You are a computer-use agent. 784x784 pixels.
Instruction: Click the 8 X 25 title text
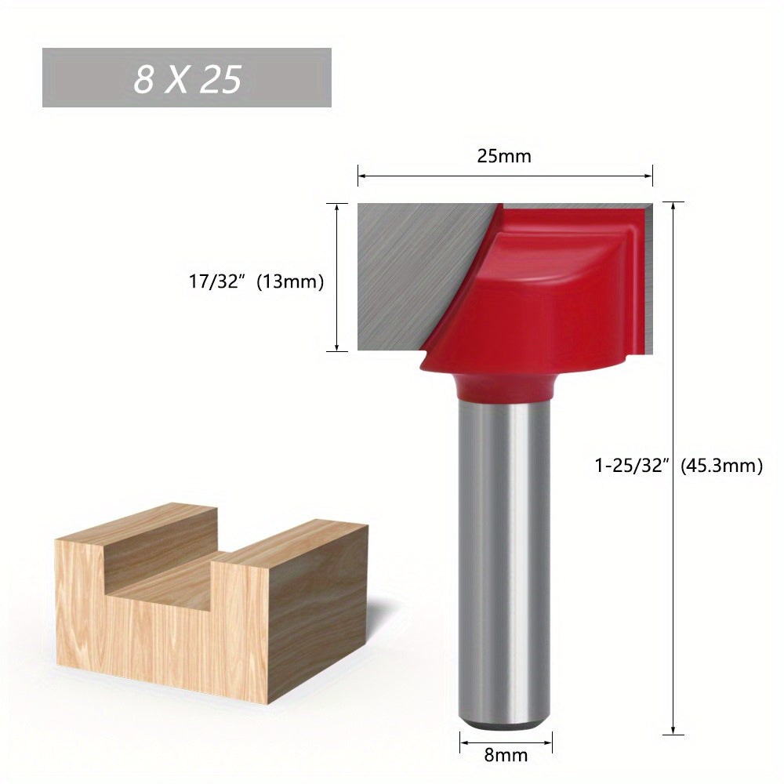187,78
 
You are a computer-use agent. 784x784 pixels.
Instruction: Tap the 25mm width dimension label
504,156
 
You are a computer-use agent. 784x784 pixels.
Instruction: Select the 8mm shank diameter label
506,756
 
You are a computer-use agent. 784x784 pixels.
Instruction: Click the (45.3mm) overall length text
721,466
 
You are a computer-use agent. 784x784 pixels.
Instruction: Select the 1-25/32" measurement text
630,466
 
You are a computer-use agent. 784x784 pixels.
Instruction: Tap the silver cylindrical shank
506,549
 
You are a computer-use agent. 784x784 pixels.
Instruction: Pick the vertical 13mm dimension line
336,235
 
